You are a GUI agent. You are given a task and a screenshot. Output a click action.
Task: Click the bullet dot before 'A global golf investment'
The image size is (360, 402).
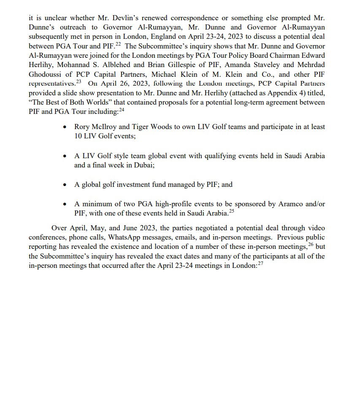pos(64,185)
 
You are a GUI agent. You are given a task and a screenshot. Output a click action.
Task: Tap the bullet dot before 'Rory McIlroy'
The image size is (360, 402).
pos(64,127)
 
